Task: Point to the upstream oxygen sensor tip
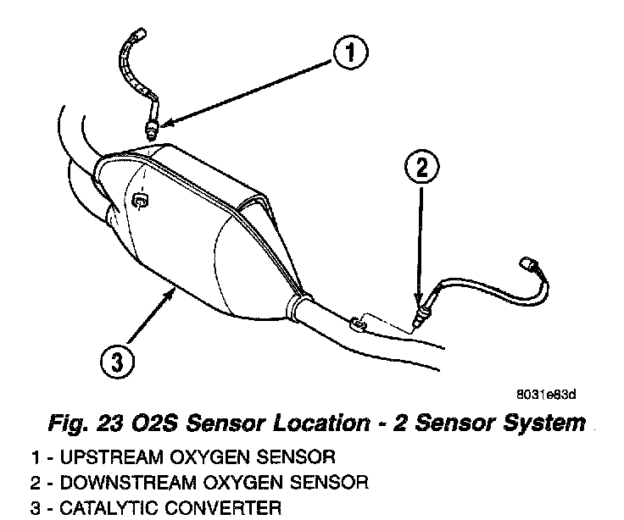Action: point(150,130)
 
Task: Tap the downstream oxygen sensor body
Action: point(422,317)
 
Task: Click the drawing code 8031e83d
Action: point(546,394)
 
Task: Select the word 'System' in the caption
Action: point(546,420)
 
